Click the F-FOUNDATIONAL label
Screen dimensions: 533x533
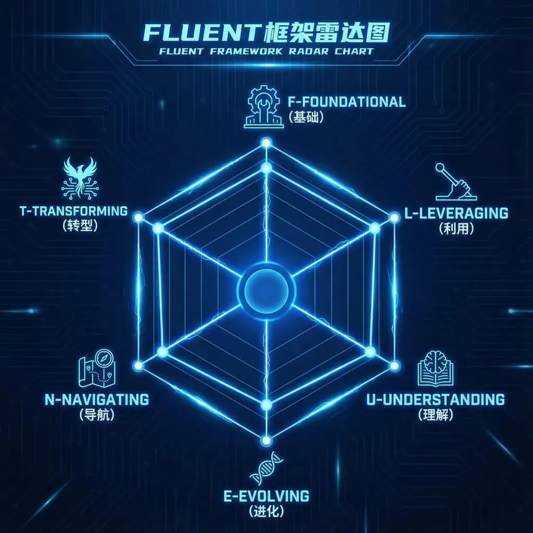click(347, 101)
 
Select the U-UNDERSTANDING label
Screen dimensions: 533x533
click(435, 399)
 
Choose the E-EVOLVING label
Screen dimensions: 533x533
click(266, 495)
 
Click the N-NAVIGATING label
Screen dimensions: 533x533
click(97, 399)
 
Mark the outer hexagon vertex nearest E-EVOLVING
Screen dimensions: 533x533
click(266, 440)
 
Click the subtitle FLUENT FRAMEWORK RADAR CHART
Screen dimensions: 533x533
click(266, 51)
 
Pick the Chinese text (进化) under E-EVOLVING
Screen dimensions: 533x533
click(266, 511)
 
